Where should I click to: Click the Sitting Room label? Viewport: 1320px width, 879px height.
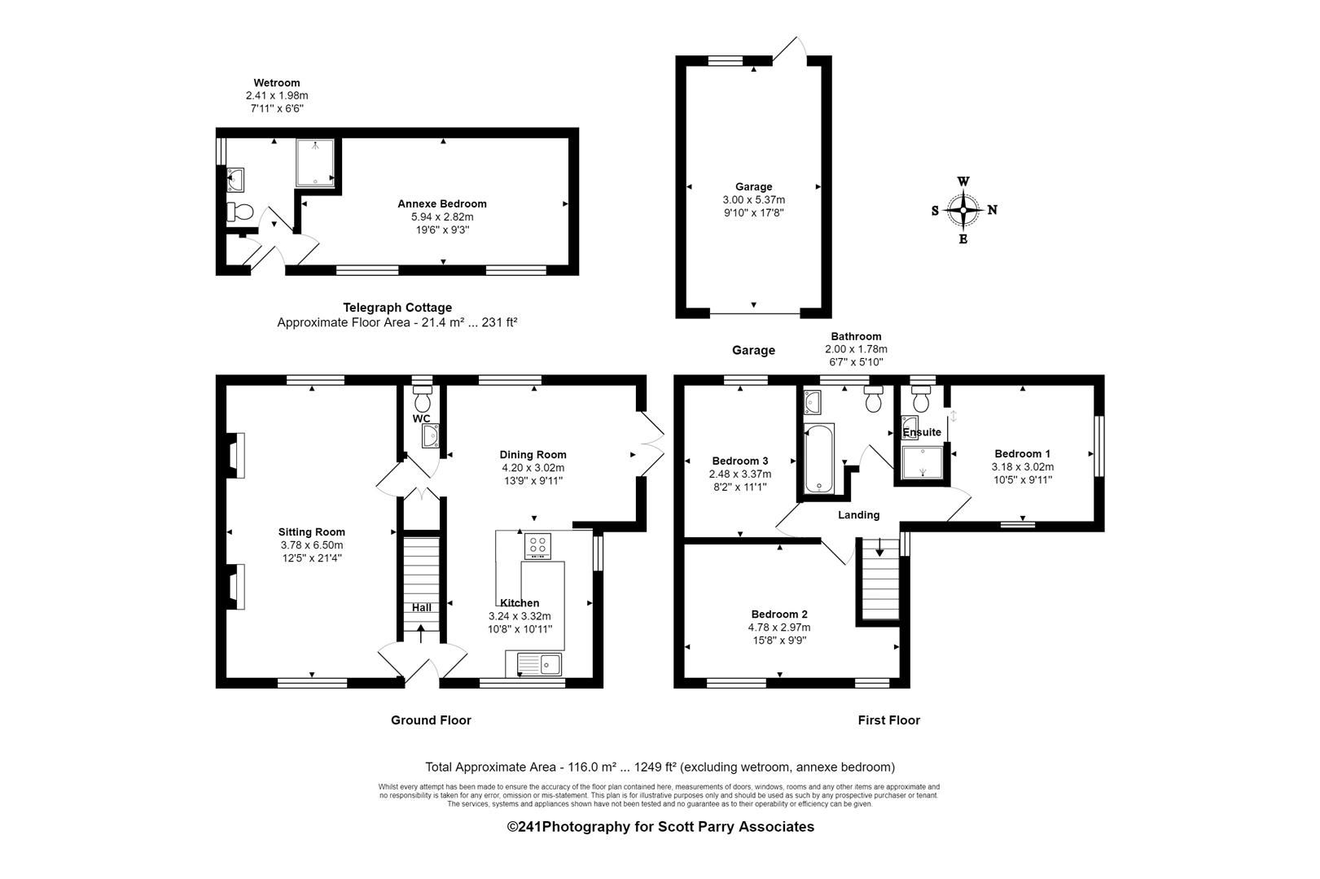pos(311,532)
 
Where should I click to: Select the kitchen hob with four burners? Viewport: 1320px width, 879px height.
pos(537,545)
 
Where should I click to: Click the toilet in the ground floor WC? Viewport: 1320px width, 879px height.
pos(422,401)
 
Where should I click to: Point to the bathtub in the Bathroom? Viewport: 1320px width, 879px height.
pos(818,457)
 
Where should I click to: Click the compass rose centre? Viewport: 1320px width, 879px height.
pos(963,210)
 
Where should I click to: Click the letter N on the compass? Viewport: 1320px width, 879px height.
pos(992,210)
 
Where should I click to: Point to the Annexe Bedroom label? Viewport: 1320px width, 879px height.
pos(441,203)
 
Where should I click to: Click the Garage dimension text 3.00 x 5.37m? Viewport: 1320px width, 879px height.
pos(753,200)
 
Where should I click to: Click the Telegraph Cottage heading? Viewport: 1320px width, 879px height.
pos(397,308)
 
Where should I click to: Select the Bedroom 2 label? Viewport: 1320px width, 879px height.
pos(778,614)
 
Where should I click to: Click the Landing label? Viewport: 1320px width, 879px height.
pos(858,515)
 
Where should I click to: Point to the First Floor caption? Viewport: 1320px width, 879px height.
pos(888,720)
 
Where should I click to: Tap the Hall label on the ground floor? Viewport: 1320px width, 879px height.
pos(421,607)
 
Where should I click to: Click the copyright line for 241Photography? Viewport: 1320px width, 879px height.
pos(660,827)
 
